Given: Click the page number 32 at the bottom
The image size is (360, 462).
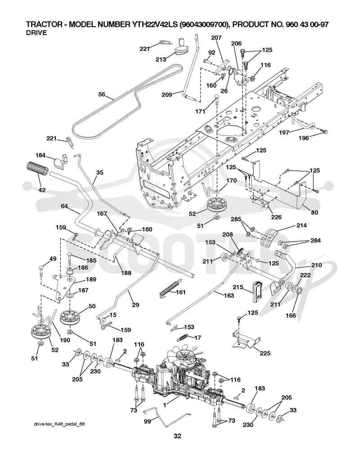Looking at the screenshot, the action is click(177, 436).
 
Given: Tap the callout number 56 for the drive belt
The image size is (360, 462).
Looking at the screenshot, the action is click(102, 94).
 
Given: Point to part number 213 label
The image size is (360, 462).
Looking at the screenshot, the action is click(161, 59).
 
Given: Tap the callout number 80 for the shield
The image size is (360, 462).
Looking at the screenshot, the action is click(315, 212).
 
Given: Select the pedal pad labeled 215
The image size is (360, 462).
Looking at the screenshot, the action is click(256, 292).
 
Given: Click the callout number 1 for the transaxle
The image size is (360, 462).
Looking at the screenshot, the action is click(165, 405).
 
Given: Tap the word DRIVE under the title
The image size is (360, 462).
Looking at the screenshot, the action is click(36, 33).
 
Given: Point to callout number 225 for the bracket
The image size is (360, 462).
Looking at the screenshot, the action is click(265, 353).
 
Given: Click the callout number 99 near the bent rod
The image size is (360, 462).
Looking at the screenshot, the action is click(147, 421).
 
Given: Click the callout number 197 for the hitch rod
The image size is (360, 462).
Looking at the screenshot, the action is click(284, 133).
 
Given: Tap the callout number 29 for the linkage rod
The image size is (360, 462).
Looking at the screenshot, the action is click(135, 305).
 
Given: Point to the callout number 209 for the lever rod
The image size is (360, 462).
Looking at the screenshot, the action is click(167, 94).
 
